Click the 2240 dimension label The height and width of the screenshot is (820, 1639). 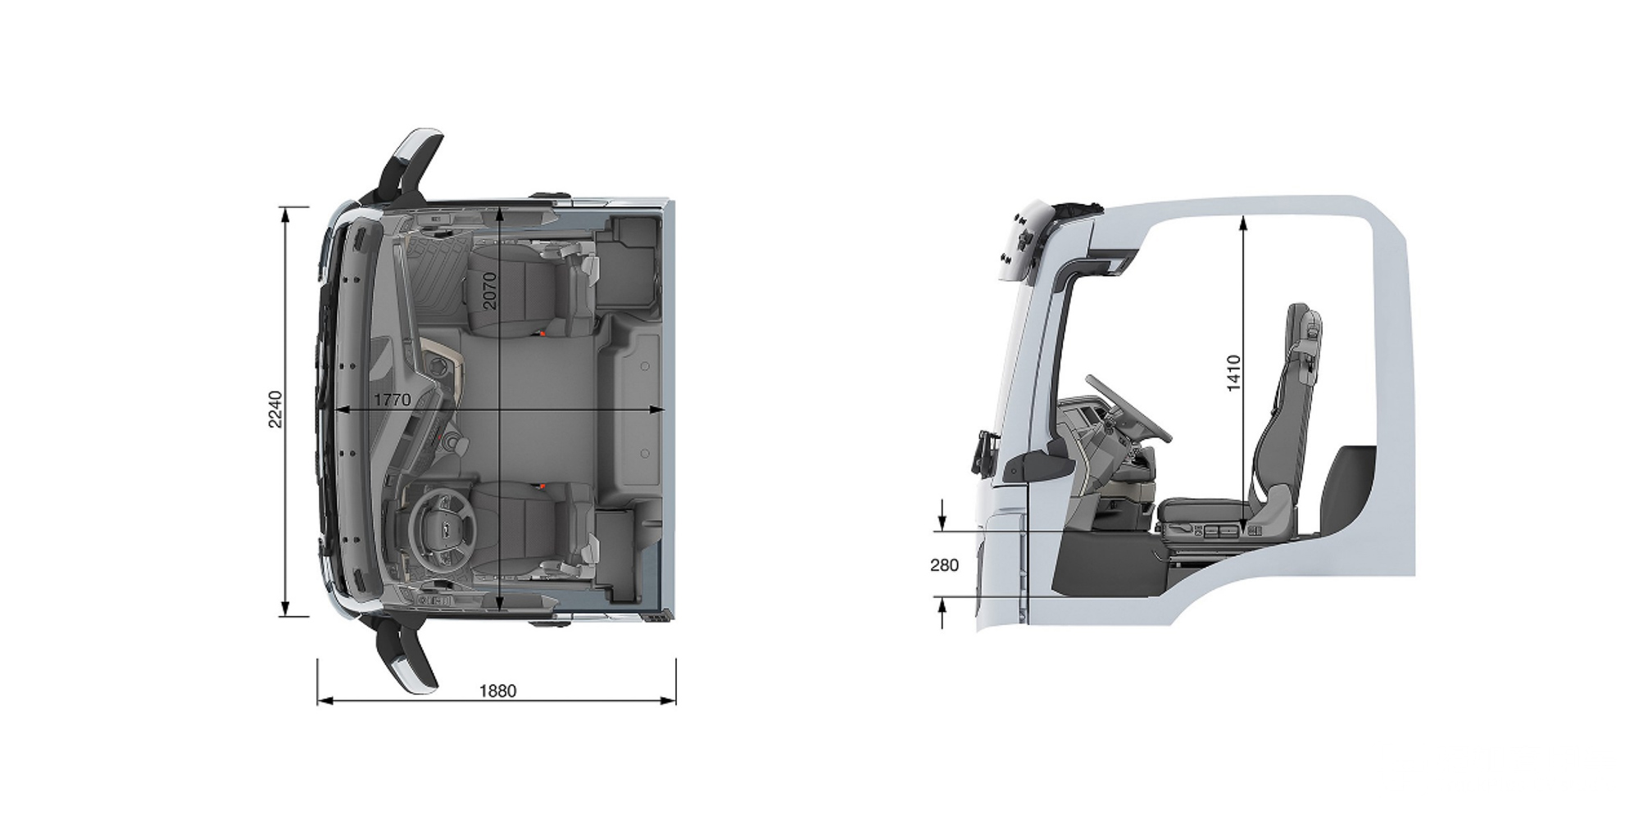[x=275, y=409]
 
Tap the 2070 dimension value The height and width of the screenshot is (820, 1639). [x=490, y=290]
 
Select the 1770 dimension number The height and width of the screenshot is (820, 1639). [x=392, y=400]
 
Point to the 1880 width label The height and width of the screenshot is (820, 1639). [x=497, y=691]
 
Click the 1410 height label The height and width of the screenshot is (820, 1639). [x=1234, y=373]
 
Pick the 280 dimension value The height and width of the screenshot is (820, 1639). [x=944, y=564]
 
